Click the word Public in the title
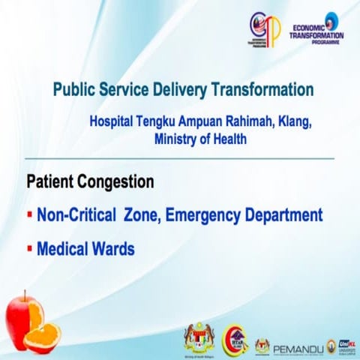pos(74,90)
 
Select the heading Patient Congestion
pos(91,182)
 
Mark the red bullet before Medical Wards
pos(29,247)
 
